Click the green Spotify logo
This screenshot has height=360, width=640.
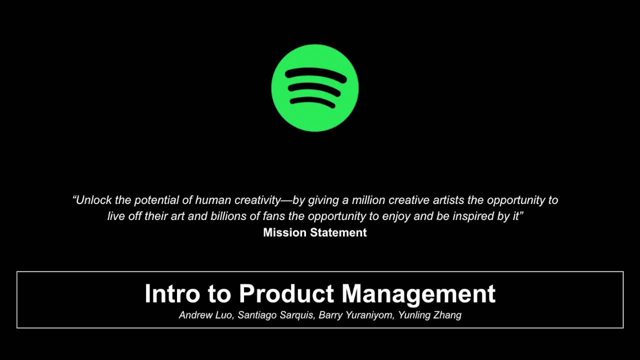click(x=315, y=88)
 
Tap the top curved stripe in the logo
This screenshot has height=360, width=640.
click(x=315, y=74)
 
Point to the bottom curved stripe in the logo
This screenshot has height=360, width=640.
click(x=312, y=102)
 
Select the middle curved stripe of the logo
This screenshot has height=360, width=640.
click(x=314, y=89)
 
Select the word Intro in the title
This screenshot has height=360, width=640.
click(x=173, y=293)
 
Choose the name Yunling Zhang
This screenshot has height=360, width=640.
click(x=429, y=315)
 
